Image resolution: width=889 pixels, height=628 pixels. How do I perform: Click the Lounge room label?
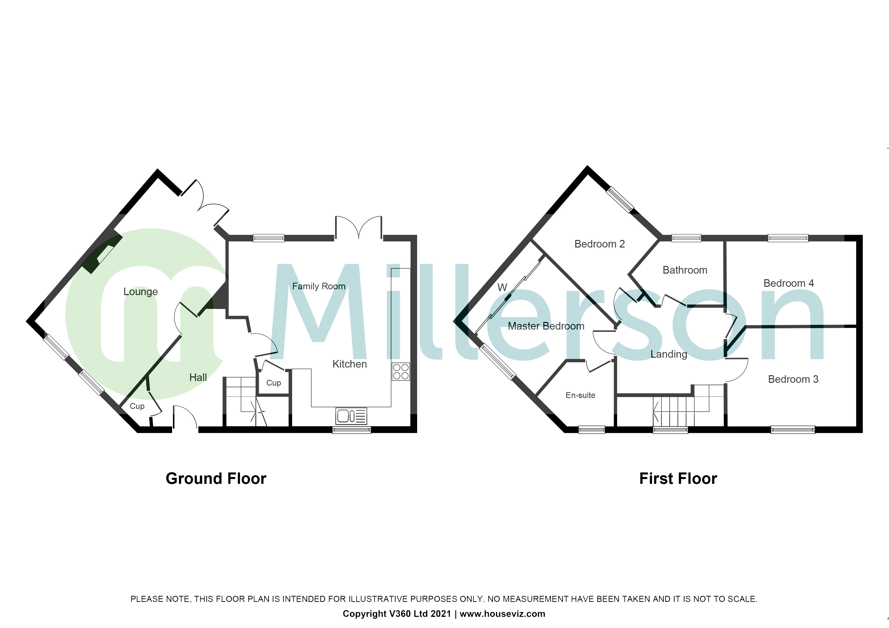(x=141, y=292)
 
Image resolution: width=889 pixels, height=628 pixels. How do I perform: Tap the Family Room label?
(x=319, y=286)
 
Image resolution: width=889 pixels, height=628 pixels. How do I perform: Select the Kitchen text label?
(x=350, y=364)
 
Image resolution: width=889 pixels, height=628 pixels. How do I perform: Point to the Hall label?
(x=198, y=378)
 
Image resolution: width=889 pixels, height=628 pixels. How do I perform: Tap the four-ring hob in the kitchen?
(x=401, y=371)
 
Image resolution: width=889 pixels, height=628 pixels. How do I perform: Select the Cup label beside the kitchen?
(x=274, y=383)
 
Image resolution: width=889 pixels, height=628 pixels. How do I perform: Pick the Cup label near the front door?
(x=137, y=406)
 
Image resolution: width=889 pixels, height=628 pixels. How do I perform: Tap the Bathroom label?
(x=685, y=270)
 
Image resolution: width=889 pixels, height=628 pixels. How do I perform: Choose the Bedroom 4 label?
(x=789, y=283)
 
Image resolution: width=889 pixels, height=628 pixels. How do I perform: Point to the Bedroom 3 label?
(x=793, y=379)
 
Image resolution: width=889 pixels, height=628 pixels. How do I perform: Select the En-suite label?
(x=580, y=395)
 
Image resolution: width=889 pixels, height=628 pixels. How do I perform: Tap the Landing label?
(x=669, y=354)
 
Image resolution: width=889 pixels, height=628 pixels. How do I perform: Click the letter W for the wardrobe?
(x=502, y=288)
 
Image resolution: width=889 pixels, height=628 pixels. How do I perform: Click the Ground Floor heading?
(x=216, y=479)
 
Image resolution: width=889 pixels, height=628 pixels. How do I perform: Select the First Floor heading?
(x=678, y=479)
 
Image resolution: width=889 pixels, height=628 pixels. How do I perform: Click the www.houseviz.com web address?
(x=503, y=614)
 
